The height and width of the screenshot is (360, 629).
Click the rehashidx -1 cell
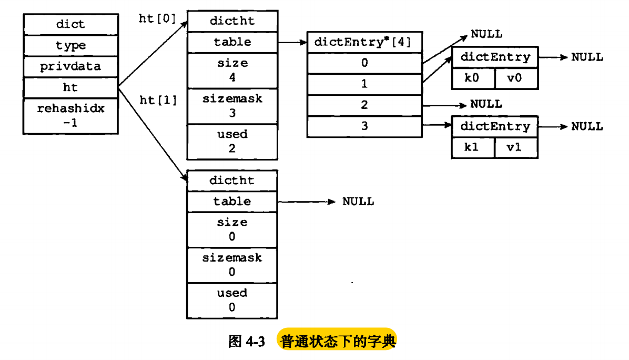pyautogui.click(x=70, y=116)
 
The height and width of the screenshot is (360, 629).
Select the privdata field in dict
pyautogui.click(x=70, y=67)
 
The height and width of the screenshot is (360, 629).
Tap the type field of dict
pyautogui.click(x=70, y=46)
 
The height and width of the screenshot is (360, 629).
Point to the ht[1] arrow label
pyautogui.click(x=158, y=99)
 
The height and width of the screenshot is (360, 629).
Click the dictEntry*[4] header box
pyautogui.click(x=365, y=42)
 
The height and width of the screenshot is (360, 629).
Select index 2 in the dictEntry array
pyautogui.click(x=365, y=105)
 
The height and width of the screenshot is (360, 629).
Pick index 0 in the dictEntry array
pyautogui.click(x=365, y=63)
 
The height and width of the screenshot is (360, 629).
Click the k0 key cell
pyautogui.click(x=473, y=78)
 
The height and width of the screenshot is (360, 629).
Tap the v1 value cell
pyautogui.click(x=516, y=147)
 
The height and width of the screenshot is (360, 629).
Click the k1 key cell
pyautogui.click(x=473, y=147)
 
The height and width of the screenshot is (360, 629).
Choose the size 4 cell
pyautogui.click(x=232, y=70)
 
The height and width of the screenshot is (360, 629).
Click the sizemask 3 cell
pyautogui.click(x=232, y=106)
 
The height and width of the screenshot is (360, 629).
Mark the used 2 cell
pyautogui.click(x=232, y=141)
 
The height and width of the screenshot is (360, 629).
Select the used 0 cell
pyautogui.click(x=232, y=300)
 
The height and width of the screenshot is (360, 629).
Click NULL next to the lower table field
pyautogui.click(x=358, y=202)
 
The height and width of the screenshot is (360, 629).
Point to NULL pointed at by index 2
pyautogui.click(x=486, y=104)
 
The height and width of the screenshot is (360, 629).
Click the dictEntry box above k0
pyautogui.click(x=495, y=57)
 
